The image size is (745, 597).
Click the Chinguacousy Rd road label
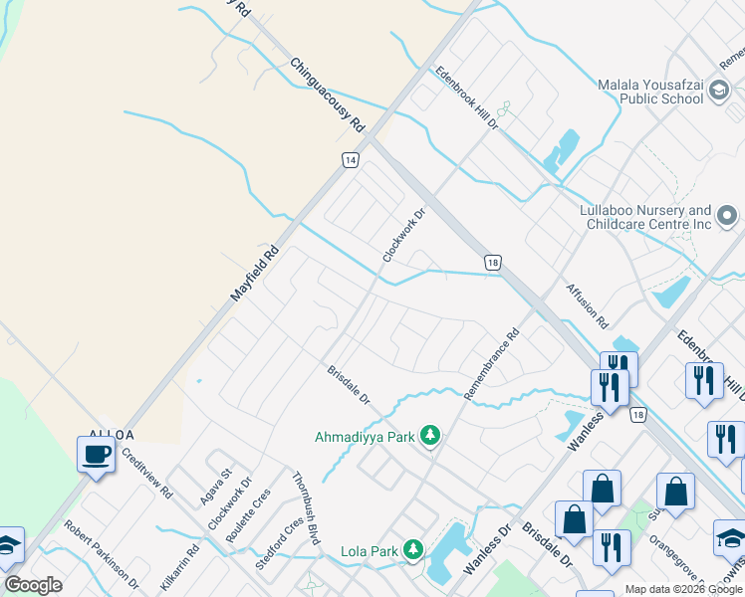coord(328,96)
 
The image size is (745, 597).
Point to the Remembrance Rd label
coord(491,365)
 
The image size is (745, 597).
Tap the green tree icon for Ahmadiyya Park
coord(430,435)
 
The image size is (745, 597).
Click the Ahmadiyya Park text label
coord(364,436)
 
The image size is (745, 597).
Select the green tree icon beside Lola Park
coord(412,549)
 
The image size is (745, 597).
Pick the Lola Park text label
coord(370,550)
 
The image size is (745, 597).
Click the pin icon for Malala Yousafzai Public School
coord(718,93)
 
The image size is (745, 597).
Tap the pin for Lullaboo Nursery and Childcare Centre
coord(728,216)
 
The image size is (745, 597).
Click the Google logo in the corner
coord(33,585)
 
